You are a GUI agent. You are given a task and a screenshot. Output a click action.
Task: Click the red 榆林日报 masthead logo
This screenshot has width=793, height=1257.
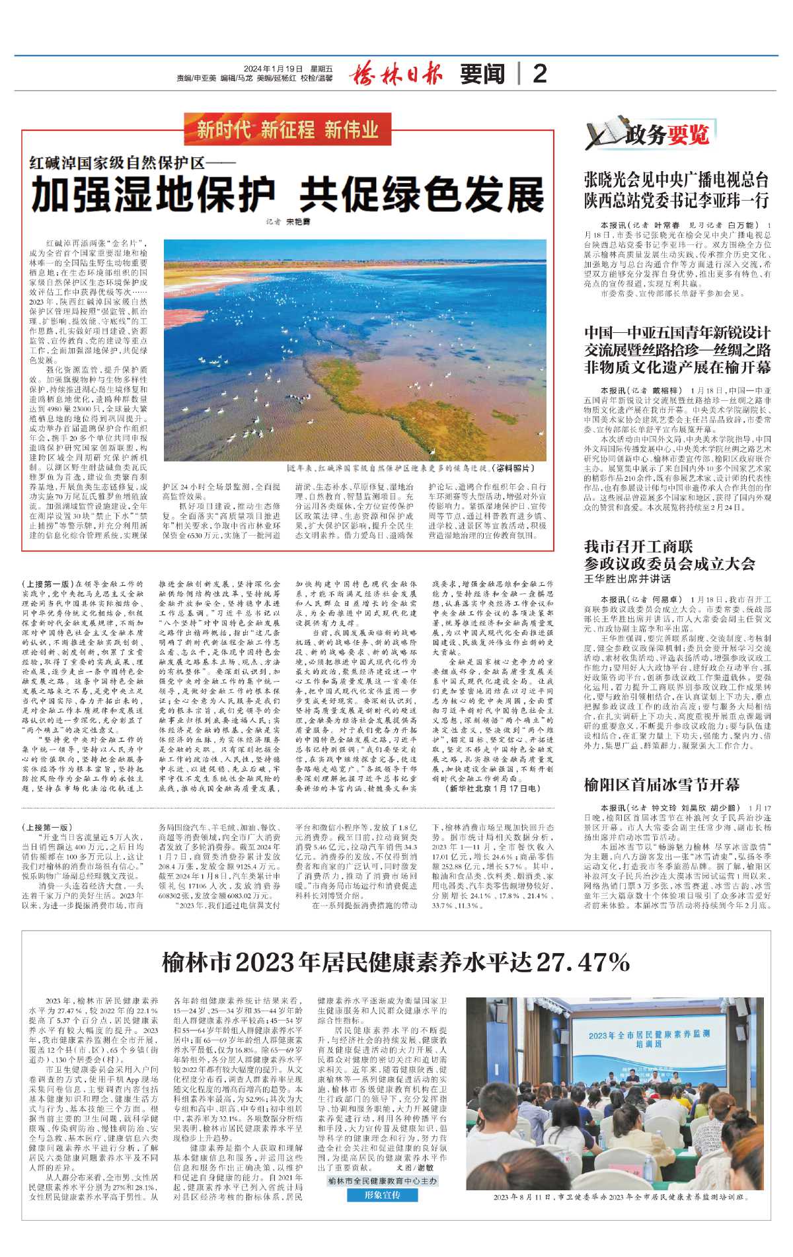(395, 73)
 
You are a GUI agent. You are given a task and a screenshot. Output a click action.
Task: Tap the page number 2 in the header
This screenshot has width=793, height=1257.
(539, 73)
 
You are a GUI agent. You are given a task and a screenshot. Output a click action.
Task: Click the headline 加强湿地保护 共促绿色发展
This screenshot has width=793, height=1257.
(288, 195)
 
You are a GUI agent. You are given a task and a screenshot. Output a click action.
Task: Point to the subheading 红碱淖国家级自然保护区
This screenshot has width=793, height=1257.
(132, 162)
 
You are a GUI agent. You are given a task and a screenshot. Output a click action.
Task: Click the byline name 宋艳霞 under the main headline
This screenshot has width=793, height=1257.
(298, 222)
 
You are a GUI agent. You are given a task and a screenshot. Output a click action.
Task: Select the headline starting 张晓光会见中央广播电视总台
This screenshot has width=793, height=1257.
(676, 190)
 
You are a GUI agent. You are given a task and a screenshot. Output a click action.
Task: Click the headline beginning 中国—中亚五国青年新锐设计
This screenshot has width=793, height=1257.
(677, 349)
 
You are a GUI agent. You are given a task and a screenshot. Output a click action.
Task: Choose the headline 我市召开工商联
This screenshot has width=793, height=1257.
(638, 546)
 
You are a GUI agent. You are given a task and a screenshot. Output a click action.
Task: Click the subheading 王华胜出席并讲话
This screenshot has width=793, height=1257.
(626, 579)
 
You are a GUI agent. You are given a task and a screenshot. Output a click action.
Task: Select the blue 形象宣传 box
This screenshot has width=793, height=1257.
(382, 1195)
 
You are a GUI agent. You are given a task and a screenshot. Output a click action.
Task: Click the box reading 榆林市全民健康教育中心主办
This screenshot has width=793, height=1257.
(382, 1181)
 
